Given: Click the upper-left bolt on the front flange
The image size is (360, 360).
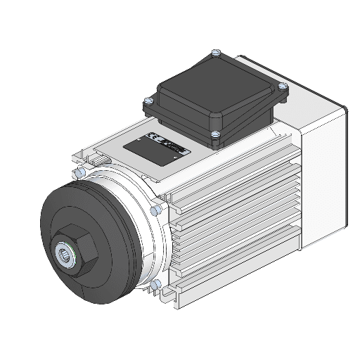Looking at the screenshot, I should coord(79,172).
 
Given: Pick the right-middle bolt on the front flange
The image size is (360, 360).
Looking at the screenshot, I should coord(156,210).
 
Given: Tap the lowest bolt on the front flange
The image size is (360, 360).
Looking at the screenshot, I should coord(156,284).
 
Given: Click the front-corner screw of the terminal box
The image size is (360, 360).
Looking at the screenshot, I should coord(216,134).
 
